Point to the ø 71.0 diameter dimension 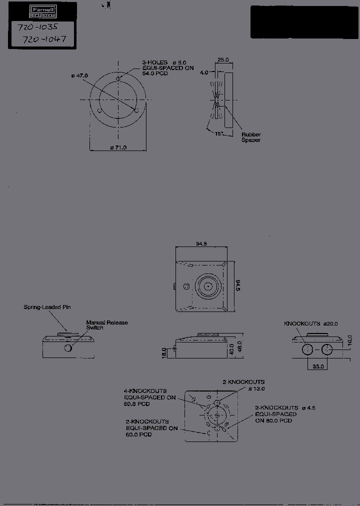pyautogui.click(x=118, y=147)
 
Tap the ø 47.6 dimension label pyautogui.click(x=79, y=75)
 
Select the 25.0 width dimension pyautogui.click(x=223, y=59)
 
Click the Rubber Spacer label pyautogui.click(x=251, y=137)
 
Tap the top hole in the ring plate pyautogui.click(x=118, y=79)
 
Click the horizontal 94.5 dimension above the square pyautogui.click(x=201, y=244)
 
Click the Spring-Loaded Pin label pyautogui.click(x=47, y=307)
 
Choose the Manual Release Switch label pyautogui.click(x=106, y=325)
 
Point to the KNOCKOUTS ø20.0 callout pyautogui.click(x=310, y=324)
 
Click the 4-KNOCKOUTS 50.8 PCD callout pyautogui.click(x=149, y=397)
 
